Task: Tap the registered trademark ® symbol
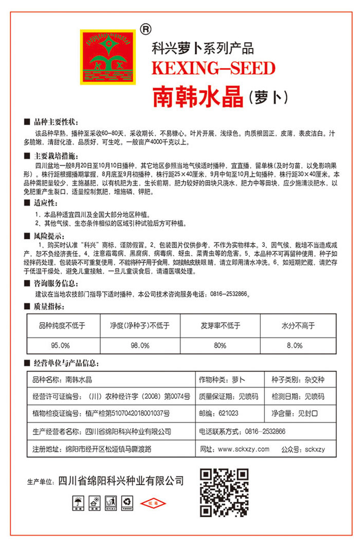tap(145, 30)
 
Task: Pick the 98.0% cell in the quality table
tap(139, 344)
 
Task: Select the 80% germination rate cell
tap(220, 344)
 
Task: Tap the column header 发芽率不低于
tap(220, 325)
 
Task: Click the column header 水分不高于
tap(298, 325)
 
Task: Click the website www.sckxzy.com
tap(243, 449)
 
